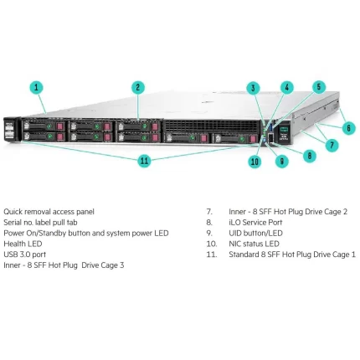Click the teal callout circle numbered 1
click(x=36, y=88)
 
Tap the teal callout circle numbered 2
click(x=138, y=88)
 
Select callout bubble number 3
click(x=253, y=88)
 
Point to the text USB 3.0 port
click(x=25, y=255)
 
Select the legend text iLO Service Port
click(x=255, y=223)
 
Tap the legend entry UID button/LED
click(x=255, y=233)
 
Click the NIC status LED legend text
click(x=254, y=244)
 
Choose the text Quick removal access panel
click(x=49, y=212)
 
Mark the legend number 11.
click(x=212, y=255)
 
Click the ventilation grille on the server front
click(x=212, y=126)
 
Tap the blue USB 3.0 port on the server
click(x=270, y=127)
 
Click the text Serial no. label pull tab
click(x=40, y=223)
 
